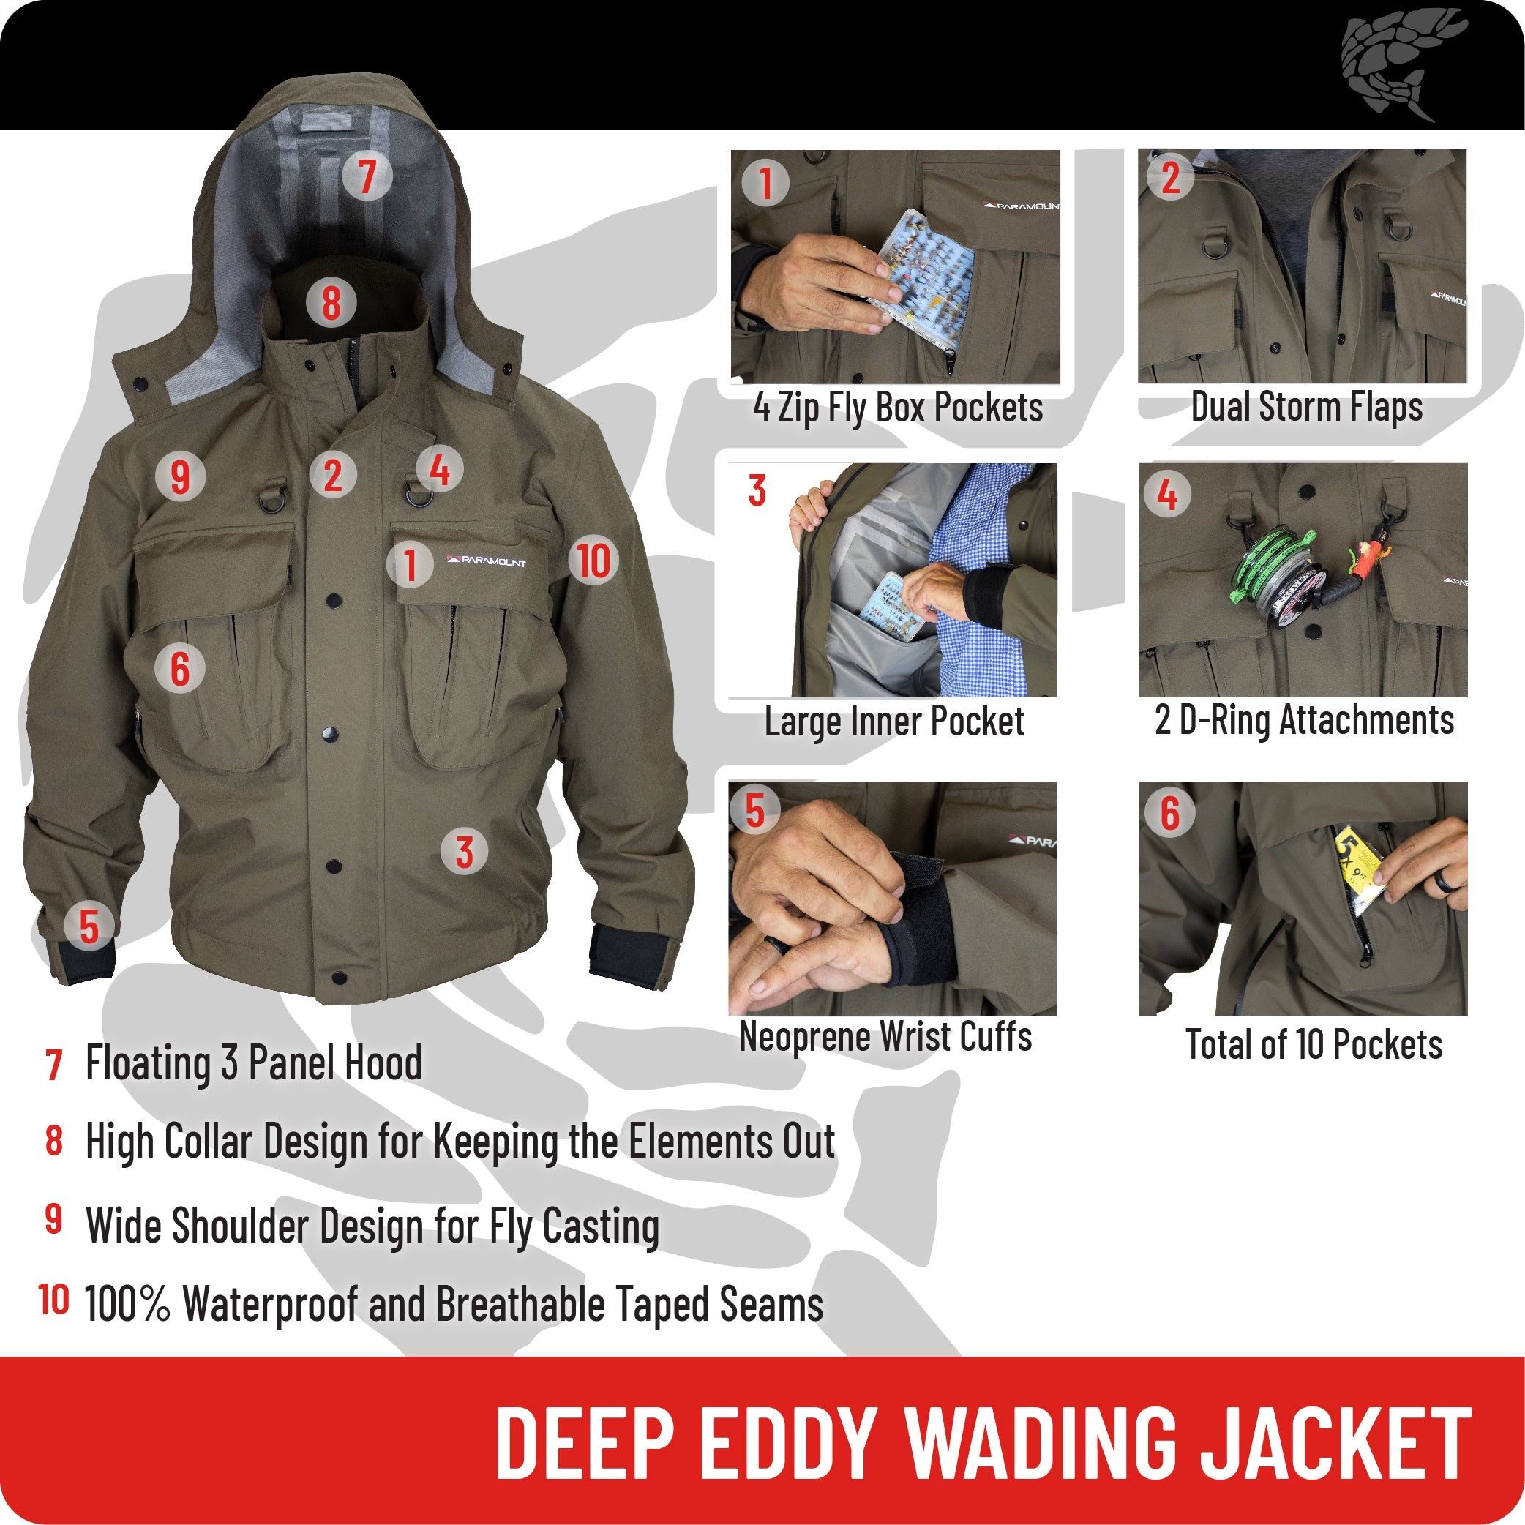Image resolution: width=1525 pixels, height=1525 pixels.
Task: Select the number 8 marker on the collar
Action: point(331,302)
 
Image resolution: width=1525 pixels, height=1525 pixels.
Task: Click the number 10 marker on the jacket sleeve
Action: point(593,561)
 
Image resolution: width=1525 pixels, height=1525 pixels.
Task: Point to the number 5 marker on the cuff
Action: point(89,926)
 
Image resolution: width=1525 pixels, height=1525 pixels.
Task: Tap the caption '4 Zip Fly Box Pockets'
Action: point(897,408)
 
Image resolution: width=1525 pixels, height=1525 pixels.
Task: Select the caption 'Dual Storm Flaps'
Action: point(1306,408)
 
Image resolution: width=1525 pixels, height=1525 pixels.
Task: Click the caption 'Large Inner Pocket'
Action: point(893,722)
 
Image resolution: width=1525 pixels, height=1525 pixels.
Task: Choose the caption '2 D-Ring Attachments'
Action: point(1304,720)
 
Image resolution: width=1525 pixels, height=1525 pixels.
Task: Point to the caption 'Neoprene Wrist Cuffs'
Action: point(885,1037)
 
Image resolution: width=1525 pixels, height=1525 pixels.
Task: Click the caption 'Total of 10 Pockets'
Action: point(1314,1045)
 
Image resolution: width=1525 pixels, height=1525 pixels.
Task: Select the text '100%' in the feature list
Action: point(127,1304)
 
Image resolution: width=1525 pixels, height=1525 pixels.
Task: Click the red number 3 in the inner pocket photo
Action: point(757,491)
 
